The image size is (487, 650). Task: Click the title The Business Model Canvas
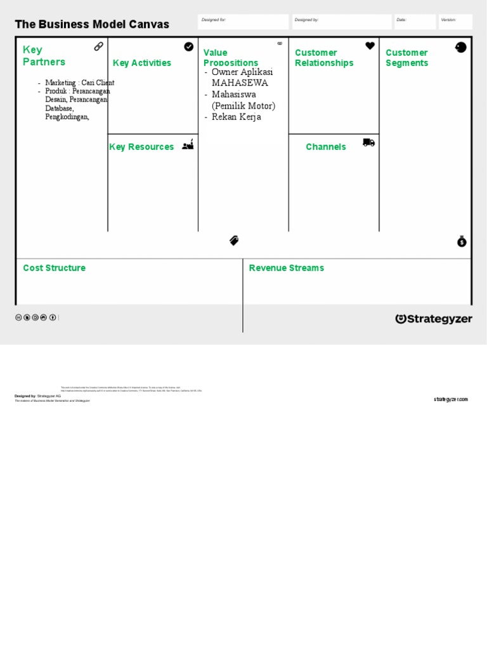[92, 25]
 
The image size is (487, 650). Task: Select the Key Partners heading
[44, 56]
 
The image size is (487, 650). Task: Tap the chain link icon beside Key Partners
[99, 46]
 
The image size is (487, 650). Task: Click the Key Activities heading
[141, 63]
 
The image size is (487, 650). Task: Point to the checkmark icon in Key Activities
[189, 46]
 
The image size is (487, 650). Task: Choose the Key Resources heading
[141, 147]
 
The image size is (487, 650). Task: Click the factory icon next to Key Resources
[188, 145]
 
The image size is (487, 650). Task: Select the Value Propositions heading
[230, 58]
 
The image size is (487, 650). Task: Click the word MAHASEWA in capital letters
[240, 83]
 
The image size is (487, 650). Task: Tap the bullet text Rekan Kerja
[236, 117]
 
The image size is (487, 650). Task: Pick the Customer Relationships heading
[324, 58]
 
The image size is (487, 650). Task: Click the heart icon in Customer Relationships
[370, 46]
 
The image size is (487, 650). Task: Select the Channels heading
[326, 147]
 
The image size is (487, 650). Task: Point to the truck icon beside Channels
[368, 143]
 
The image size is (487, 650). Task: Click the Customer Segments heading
[406, 58]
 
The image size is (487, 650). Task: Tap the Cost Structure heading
[54, 268]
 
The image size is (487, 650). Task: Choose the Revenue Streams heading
[286, 268]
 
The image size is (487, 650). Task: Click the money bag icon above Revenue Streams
[462, 241]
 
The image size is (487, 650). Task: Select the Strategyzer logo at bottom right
[434, 319]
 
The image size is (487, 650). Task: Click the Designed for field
[243, 22]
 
